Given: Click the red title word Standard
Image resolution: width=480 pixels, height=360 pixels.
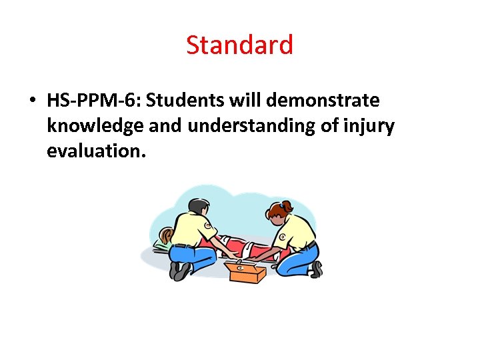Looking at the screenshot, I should pos(239,45).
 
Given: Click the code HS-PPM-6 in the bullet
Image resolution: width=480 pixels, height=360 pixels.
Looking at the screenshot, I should pos(94,101).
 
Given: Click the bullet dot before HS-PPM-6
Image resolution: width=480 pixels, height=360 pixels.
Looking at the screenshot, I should pos(32,101).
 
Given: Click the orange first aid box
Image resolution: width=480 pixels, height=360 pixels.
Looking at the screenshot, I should pos(244,271).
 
